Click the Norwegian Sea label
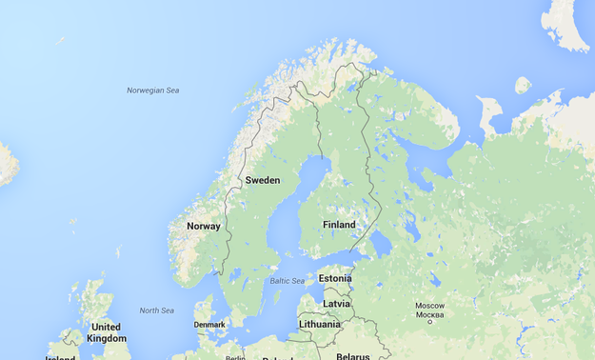(152, 90)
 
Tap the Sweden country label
(262, 180)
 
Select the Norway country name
(203, 226)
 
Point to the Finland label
(339, 225)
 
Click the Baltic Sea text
(287, 281)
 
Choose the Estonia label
(334, 278)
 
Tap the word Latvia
(336, 303)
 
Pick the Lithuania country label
(319, 324)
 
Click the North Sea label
(157, 310)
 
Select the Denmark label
(209, 324)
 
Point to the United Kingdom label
(106, 332)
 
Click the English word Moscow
(429, 306)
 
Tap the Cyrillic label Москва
(429, 314)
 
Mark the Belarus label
(352, 356)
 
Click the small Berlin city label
(236, 356)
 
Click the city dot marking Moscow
(429, 323)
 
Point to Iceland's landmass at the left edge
(6, 164)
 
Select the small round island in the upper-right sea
(522, 85)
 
